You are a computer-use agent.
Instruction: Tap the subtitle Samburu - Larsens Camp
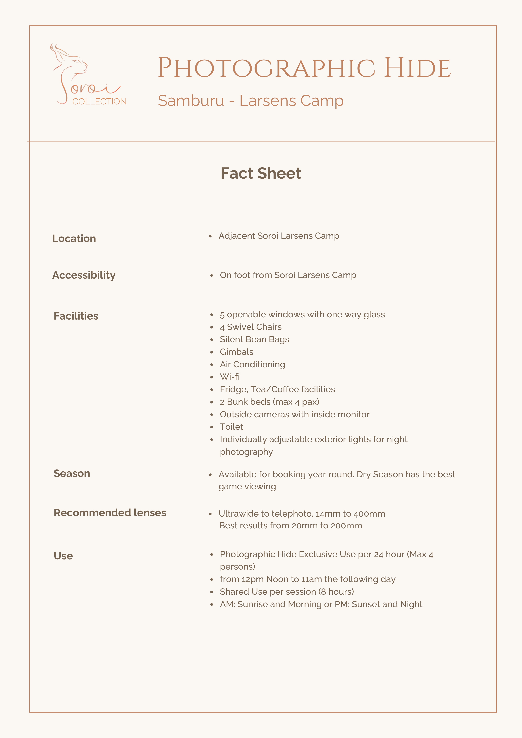[250, 101]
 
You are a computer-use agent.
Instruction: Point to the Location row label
[74, 239]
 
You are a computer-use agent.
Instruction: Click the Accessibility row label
[84, 275]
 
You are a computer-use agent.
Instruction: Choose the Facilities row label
[76, 316]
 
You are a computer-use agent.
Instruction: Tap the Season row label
[72, 473]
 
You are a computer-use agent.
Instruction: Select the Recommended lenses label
[110, 513]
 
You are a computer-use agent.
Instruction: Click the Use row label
[63, 556]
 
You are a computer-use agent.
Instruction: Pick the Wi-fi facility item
[230, 377]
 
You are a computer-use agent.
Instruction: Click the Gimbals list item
[236, 352]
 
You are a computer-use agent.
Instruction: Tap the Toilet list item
[231, 427]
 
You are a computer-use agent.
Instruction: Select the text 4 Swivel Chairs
[250, 327]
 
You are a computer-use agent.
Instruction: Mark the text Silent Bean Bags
[254, 339]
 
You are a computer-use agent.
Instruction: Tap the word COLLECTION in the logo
[99, 102]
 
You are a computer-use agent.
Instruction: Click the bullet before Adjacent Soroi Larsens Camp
[210, 236]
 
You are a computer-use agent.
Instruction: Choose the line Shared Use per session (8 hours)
[287, 592]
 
